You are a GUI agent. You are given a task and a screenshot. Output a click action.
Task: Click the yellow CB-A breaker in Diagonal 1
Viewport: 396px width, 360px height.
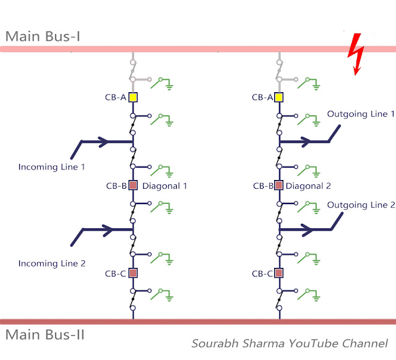coord(133,97)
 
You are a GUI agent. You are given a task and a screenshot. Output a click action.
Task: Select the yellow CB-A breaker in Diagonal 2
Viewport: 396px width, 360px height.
coord(279,97)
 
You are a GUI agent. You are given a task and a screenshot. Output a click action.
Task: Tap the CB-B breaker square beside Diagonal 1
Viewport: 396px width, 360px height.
coord(133,186)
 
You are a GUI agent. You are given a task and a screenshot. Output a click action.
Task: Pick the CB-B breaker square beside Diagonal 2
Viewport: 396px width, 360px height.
coord(279,186)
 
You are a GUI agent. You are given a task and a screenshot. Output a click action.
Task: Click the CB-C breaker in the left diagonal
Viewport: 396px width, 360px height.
coord(133,273)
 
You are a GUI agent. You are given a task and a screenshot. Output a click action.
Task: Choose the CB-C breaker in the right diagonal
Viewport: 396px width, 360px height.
coord(279,273)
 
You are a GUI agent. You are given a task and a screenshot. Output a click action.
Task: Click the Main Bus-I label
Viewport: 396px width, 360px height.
coord(43,36)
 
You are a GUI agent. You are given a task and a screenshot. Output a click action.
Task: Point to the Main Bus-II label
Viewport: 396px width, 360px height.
coord(45,335)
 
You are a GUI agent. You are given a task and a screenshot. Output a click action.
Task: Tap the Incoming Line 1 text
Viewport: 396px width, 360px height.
coord(51,167)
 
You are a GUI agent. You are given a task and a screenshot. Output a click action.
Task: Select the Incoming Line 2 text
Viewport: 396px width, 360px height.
coord(52,264)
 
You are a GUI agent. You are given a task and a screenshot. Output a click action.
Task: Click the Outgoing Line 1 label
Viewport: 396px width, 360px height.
coord(361,114)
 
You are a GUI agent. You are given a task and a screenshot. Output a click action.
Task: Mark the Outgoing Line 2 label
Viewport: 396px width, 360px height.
coord(361,205)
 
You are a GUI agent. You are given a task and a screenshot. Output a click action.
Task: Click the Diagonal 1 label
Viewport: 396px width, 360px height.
coord(165,186)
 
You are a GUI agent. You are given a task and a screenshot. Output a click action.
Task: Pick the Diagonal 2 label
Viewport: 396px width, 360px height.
coord(308,186)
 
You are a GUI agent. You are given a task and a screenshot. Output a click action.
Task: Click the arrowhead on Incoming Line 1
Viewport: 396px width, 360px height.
coord(103,142)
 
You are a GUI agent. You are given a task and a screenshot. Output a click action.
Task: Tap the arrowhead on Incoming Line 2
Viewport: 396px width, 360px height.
coord(108,230)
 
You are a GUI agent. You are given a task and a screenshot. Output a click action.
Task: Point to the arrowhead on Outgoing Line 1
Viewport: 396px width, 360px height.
coord(306,142)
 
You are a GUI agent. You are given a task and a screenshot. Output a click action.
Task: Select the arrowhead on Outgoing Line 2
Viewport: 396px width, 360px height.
coord(308,230)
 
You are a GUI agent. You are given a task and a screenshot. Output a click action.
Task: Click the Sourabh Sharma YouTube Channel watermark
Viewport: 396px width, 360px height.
coord(290,343)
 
